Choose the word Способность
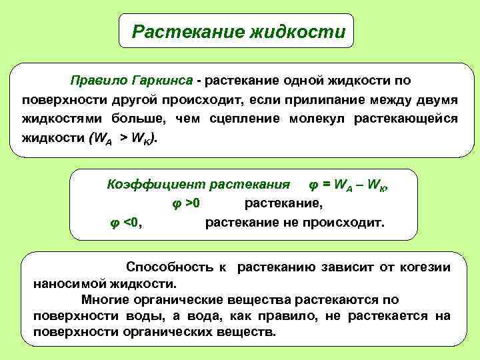(x=167, y=267)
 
